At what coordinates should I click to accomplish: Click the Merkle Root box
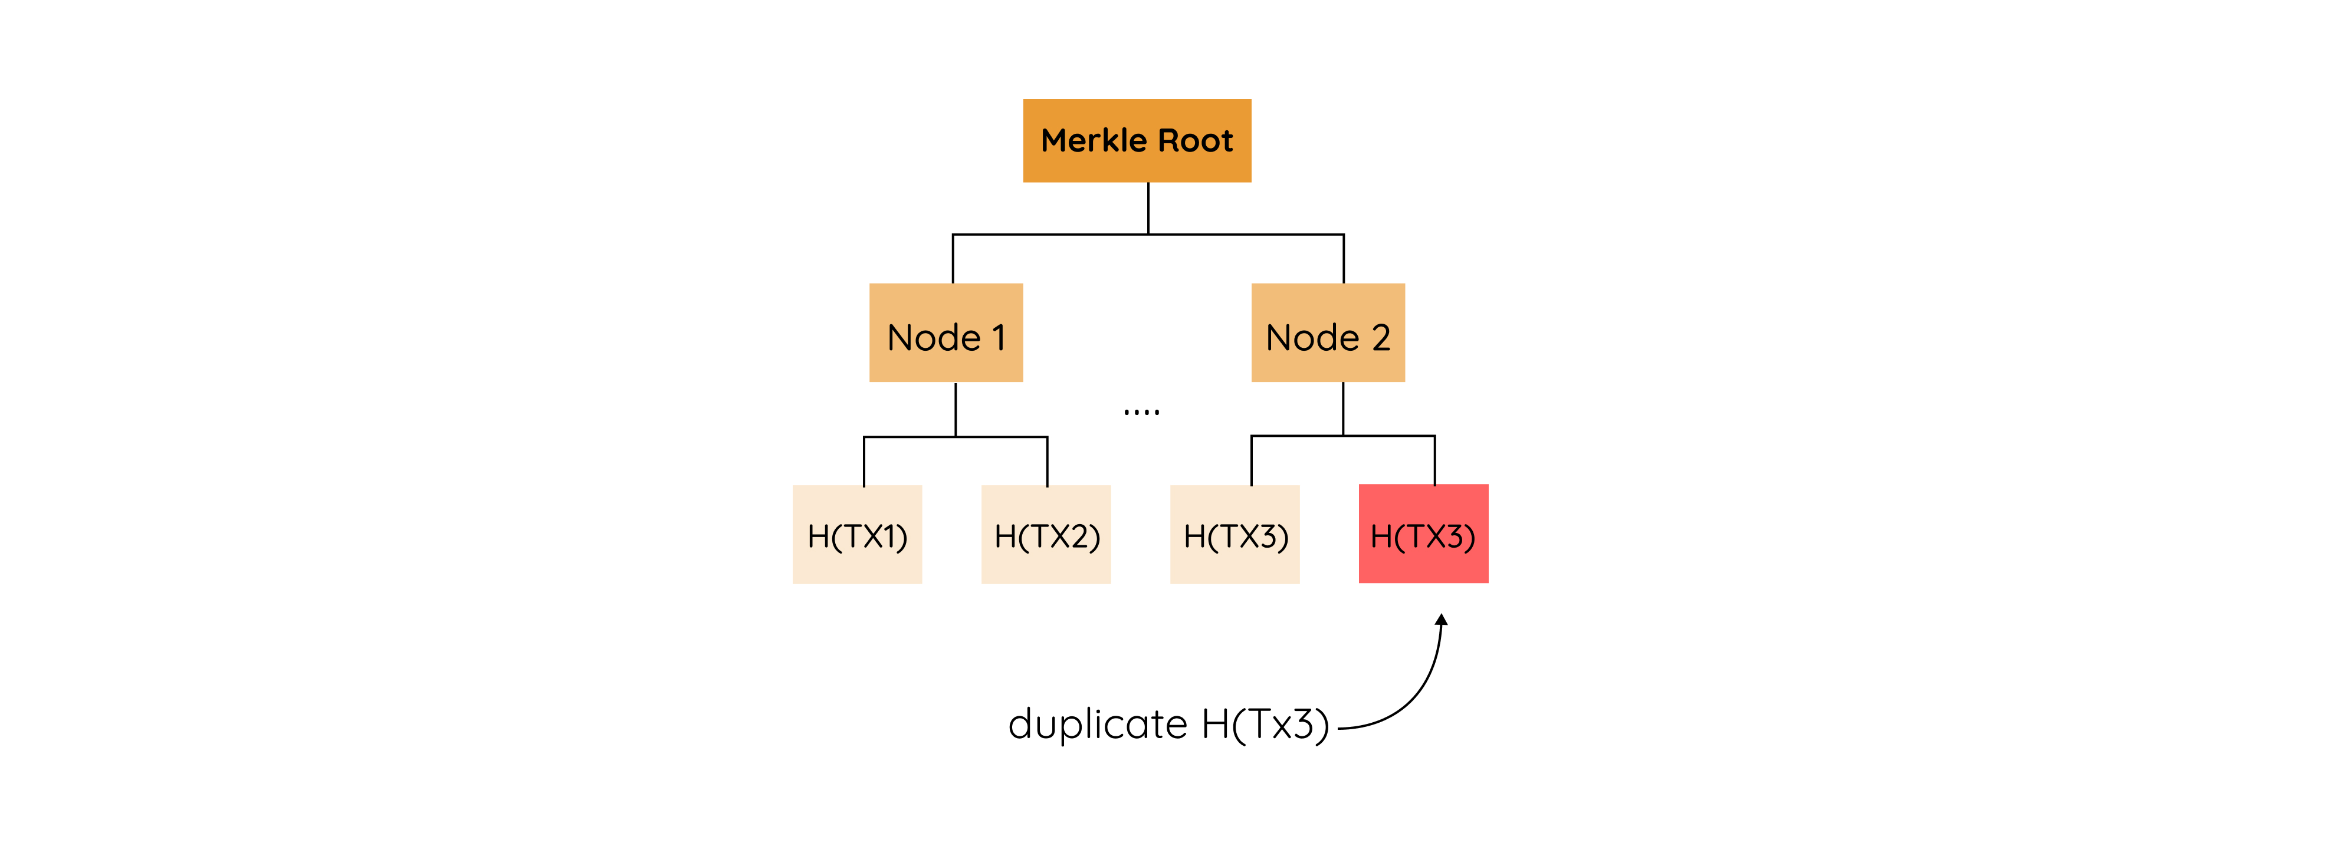1137,140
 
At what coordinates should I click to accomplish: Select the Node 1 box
945,332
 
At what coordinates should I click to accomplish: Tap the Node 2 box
1328,332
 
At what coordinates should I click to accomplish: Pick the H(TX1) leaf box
857,534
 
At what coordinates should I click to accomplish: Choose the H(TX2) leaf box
1046,534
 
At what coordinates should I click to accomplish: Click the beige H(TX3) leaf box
1235,534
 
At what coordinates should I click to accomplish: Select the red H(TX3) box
1423,534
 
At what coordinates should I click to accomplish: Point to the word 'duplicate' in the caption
1096,724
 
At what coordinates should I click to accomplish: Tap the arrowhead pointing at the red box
1442,620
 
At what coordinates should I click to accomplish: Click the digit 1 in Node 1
999,338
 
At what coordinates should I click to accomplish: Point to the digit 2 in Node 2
1381,338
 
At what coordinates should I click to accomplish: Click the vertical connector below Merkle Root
1148,208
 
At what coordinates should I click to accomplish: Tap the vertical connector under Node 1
956,409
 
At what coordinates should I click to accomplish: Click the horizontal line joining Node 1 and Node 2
1050,235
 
